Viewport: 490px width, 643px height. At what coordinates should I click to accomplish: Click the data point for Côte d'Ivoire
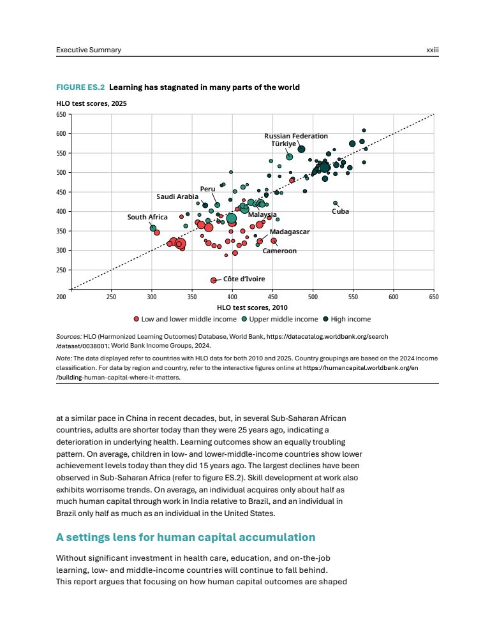pyautogui.click(x=214, y=280)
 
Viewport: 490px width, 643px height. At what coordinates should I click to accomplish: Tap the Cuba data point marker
pyautogui.click(x=336, y=203)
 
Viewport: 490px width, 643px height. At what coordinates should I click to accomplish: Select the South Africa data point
pyautogui.click(x=153, y=228)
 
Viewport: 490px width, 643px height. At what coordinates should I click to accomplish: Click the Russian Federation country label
pyautogui.click(x=296, y=136)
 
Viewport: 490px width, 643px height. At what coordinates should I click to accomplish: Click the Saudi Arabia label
pyautogui.click(x=177, y=196)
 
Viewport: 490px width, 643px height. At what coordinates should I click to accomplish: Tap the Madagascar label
pyautogui.click(x=289, y=232)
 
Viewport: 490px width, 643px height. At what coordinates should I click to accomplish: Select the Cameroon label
pyautogui.click(x=279, y=251)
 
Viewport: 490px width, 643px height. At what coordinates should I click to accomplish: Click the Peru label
pyautogui.click(x=207, y=189)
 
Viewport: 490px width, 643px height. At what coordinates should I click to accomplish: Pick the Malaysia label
pyautogui.click(x=262, y=214)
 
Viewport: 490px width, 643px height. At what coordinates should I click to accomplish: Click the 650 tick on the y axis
pyautogui.click(x=61, y=114)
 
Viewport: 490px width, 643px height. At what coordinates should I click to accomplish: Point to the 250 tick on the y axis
pyautogui.click(x=61, y=270)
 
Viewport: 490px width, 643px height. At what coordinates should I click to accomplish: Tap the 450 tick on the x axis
pyautogui.click(x=272, y=297)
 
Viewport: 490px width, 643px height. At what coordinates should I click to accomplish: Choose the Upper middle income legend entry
pyautogui.click(x=279, y=319)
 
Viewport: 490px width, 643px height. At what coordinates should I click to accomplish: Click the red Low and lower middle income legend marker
pyautogui.click(x=136, y=319)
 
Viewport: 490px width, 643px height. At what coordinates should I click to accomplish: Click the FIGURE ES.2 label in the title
pyautogui.click(x=80, y=87)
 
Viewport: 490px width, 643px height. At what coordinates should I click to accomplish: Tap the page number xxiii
pyautogui.click(x=432, y=50)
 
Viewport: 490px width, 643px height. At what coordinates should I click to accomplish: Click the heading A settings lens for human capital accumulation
pyautogui.click(x=186, y=537)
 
